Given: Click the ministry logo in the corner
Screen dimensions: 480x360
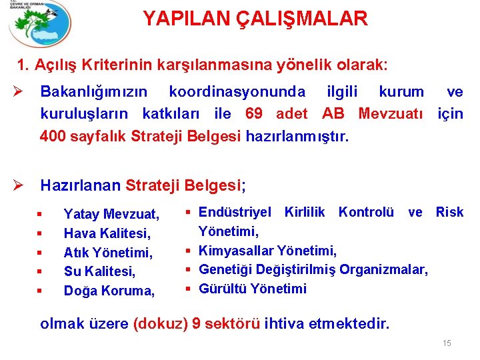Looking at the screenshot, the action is [x=40, y=23].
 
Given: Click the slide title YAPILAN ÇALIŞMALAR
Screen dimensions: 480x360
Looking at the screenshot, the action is [x=255, y=19].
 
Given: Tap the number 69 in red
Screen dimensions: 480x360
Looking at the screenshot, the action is [x=254, y=113].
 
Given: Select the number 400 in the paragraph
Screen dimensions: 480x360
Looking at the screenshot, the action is [x=53, y=135].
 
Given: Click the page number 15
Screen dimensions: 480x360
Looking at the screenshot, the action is [x=447, y=343].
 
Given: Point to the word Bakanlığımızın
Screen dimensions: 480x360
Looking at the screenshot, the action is [x=94, y=92].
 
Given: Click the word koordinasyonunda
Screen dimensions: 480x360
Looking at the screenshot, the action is [x=237, y=91].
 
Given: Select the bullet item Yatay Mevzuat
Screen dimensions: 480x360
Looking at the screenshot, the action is [x=111, y=214].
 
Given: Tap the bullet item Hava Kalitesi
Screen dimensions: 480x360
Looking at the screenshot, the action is [x=107, y=233].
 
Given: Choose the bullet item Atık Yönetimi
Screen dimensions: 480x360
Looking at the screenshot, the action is [x=108, y=253].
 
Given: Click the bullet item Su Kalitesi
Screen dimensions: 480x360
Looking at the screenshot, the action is [x=99, y=271].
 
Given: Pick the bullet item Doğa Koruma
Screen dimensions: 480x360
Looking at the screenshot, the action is [x=109, y=291].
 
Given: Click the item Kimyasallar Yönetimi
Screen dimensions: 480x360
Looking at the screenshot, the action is [x=267, y=251].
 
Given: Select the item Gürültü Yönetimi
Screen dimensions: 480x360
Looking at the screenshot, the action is [x=253, y=289].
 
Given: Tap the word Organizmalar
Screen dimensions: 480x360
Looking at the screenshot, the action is [x=383, y=270].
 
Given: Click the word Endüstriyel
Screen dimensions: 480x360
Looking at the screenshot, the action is [x=235, y=212].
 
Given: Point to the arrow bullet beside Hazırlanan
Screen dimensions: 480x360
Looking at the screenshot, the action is [x=18, y=185].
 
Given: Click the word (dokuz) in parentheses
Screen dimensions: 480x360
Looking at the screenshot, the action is [x=161, y=323].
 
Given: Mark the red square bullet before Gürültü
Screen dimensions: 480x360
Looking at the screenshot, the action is [x=188, y=289].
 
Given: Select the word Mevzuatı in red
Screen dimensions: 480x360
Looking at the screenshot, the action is [x=391, y=113].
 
